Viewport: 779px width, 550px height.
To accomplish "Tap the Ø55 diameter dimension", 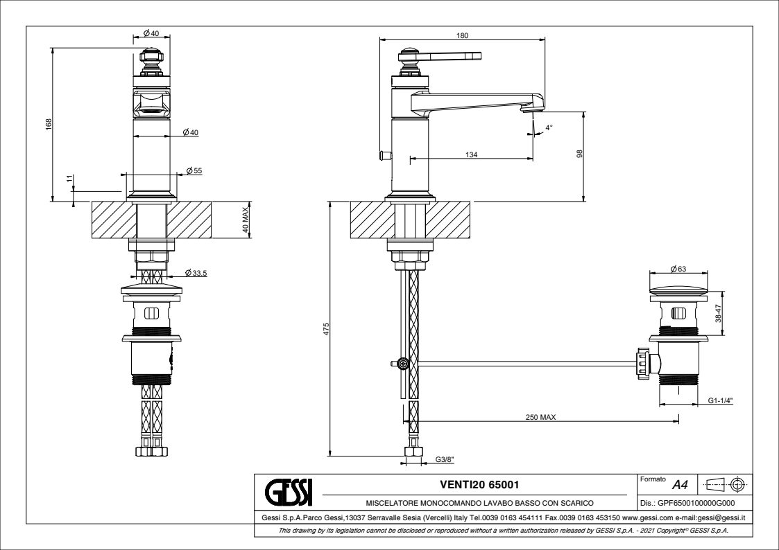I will [x=194, y=170].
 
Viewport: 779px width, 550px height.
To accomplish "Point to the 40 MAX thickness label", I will [x=245, y=220].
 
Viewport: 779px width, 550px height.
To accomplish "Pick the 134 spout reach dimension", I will [x=471, y=154].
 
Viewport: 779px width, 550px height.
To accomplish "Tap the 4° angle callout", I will [x=549, y=128].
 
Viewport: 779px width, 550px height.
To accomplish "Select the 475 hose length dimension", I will [x=325, y=328].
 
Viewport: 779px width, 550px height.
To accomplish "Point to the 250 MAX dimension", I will [x=540, y=417].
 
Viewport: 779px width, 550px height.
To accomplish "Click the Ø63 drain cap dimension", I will [x=678, y=269].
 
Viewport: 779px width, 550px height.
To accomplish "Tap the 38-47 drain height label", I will [x=719, y=315].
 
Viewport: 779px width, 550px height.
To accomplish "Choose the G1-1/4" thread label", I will [x=721, y=400].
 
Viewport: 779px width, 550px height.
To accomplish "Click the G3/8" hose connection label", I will [x=445, y=459].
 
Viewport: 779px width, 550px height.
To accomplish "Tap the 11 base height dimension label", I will [x=69, y=179].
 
